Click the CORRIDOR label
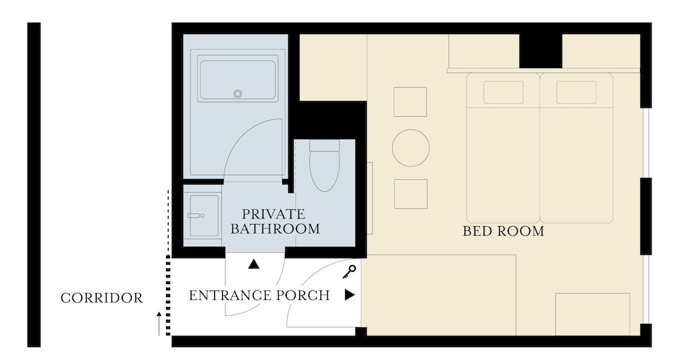[x=102, y=298]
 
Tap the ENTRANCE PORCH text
[x=259, y=296]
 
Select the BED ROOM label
[x=503, y=231]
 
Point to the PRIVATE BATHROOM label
[x=275, y=221]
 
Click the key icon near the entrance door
[x=349, y=273]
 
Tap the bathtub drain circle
[x=238, y=94]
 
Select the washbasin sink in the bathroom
[x=204, y=216]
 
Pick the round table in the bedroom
[x=410, y=148]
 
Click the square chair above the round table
[x=410, y=102]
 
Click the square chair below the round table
[x=410, y=194]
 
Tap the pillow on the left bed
[x=503, y=92]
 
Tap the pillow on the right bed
[x=576, y=92]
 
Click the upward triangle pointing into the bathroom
[x=254, y=264]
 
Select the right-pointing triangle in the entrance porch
[x=350, y=295]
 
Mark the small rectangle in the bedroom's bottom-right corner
[x=592, y=314]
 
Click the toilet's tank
[x=324, y=146]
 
